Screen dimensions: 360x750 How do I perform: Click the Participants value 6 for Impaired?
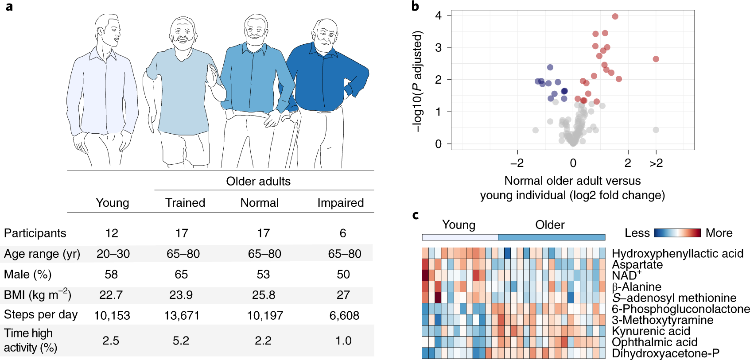pos(343,233)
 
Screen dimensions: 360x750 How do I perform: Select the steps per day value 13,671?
pos(182,316)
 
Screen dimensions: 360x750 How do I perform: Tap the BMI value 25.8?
pos(264,295)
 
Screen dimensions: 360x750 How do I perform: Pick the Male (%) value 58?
pos(111,275)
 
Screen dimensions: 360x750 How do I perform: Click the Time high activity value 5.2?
pos(181,341)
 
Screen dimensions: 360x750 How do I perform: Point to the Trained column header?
pos(185,203)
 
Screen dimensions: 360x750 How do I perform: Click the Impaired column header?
pos(340,203)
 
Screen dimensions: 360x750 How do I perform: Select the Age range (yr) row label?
pos(42,254)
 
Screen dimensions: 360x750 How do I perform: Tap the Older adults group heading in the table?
pos(258,182)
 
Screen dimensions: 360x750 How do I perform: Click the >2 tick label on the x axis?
pos(656,163)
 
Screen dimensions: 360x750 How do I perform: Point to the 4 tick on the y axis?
pos(439,15)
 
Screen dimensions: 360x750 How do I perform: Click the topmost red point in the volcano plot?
pos(615,16)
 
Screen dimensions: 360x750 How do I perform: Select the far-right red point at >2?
pos(656,59)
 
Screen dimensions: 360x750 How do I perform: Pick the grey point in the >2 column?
pos(656,130)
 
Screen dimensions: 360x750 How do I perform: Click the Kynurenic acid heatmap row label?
pos(651,331)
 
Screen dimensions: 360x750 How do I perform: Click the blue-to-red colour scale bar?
pos(677,233)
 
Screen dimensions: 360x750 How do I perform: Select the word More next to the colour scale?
pos(719,233)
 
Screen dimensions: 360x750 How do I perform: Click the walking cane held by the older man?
pos(293,142)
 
